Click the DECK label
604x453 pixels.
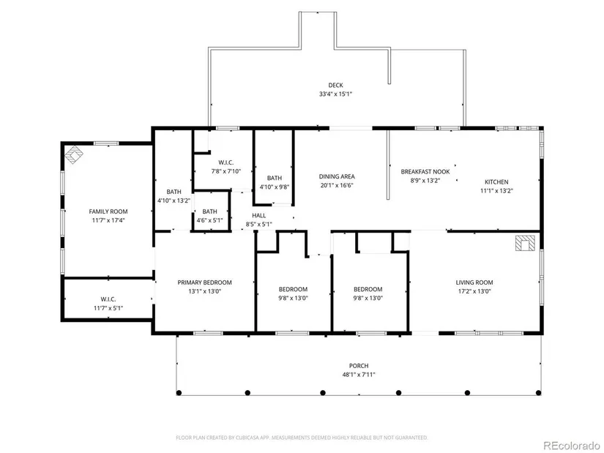[335, 85]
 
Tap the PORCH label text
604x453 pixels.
[359, 366]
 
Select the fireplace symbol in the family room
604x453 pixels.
[73, 154]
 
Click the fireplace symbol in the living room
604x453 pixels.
[526, 243]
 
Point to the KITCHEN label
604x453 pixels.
[496, 181]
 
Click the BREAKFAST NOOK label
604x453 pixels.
[425, 171]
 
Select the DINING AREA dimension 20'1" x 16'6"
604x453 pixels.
[337, 185]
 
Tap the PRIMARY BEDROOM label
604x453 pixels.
[204, 282]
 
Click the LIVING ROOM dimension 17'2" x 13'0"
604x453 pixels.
[474, 291]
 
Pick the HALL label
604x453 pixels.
[259, 215]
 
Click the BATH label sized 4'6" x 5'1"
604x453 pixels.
[209, 211]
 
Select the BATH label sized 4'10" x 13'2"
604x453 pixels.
[174, 192]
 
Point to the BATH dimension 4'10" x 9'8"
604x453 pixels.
[275, 187]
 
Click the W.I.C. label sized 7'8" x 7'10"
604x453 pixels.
[225, 162]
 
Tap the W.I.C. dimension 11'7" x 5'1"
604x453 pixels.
[108, 308]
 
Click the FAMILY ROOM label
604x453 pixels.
[108, 211]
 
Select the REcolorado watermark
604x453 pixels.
[572, 445]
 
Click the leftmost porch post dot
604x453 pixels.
[179, 393]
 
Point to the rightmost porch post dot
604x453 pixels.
[539, 393]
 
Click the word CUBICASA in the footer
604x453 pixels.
[248, 438]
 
